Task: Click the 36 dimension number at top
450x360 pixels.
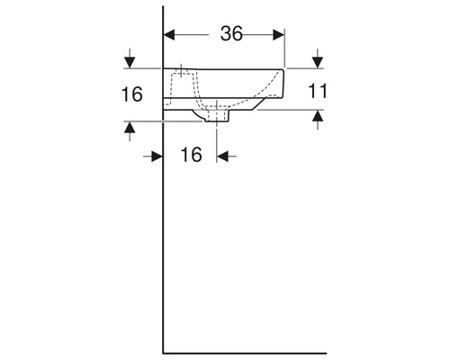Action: tap(231, 34)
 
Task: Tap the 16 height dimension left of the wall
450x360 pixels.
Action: tap(131, 94)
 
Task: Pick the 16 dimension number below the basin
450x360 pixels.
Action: tap(190, 155)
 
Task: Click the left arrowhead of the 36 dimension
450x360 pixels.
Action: tap(168, 35)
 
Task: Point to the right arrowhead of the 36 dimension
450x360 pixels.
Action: tap(279, 35)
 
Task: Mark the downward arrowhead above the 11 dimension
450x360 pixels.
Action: tap(318, 63)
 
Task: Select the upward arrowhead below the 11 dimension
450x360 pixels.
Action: tap(318, 116)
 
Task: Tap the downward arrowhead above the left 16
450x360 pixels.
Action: tap(130, 63)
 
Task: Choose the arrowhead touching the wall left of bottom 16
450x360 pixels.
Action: tap(157, 155)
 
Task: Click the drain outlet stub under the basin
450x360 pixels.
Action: tap(222, 117)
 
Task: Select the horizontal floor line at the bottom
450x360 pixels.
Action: tap(243, 352)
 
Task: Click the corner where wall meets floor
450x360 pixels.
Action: tap(163, 352)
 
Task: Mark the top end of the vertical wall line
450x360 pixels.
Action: tap(163, 7)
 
